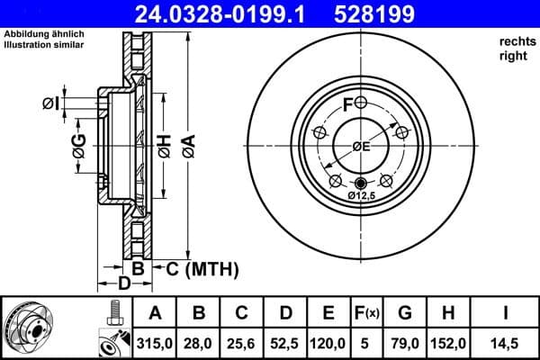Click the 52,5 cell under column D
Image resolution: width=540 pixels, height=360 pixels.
[285, 342]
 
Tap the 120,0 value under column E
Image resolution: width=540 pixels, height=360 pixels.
[328, 342]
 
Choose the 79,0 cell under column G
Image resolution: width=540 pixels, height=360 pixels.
[406, 342]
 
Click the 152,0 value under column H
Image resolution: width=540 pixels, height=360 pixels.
[449, 342]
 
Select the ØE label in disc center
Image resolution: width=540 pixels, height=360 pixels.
[360, 146]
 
